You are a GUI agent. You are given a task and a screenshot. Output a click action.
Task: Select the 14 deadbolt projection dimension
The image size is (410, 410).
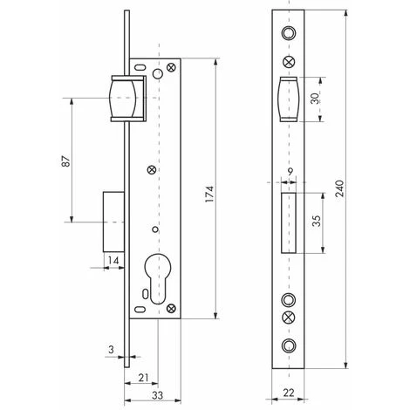pyautogui.click(x=114, y=260)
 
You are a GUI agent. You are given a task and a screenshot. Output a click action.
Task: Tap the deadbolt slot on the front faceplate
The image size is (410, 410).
pyautogui.click(x=288, y=221)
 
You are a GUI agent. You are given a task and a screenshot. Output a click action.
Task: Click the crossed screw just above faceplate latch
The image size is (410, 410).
pyautogui.click(x=288, y=62)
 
